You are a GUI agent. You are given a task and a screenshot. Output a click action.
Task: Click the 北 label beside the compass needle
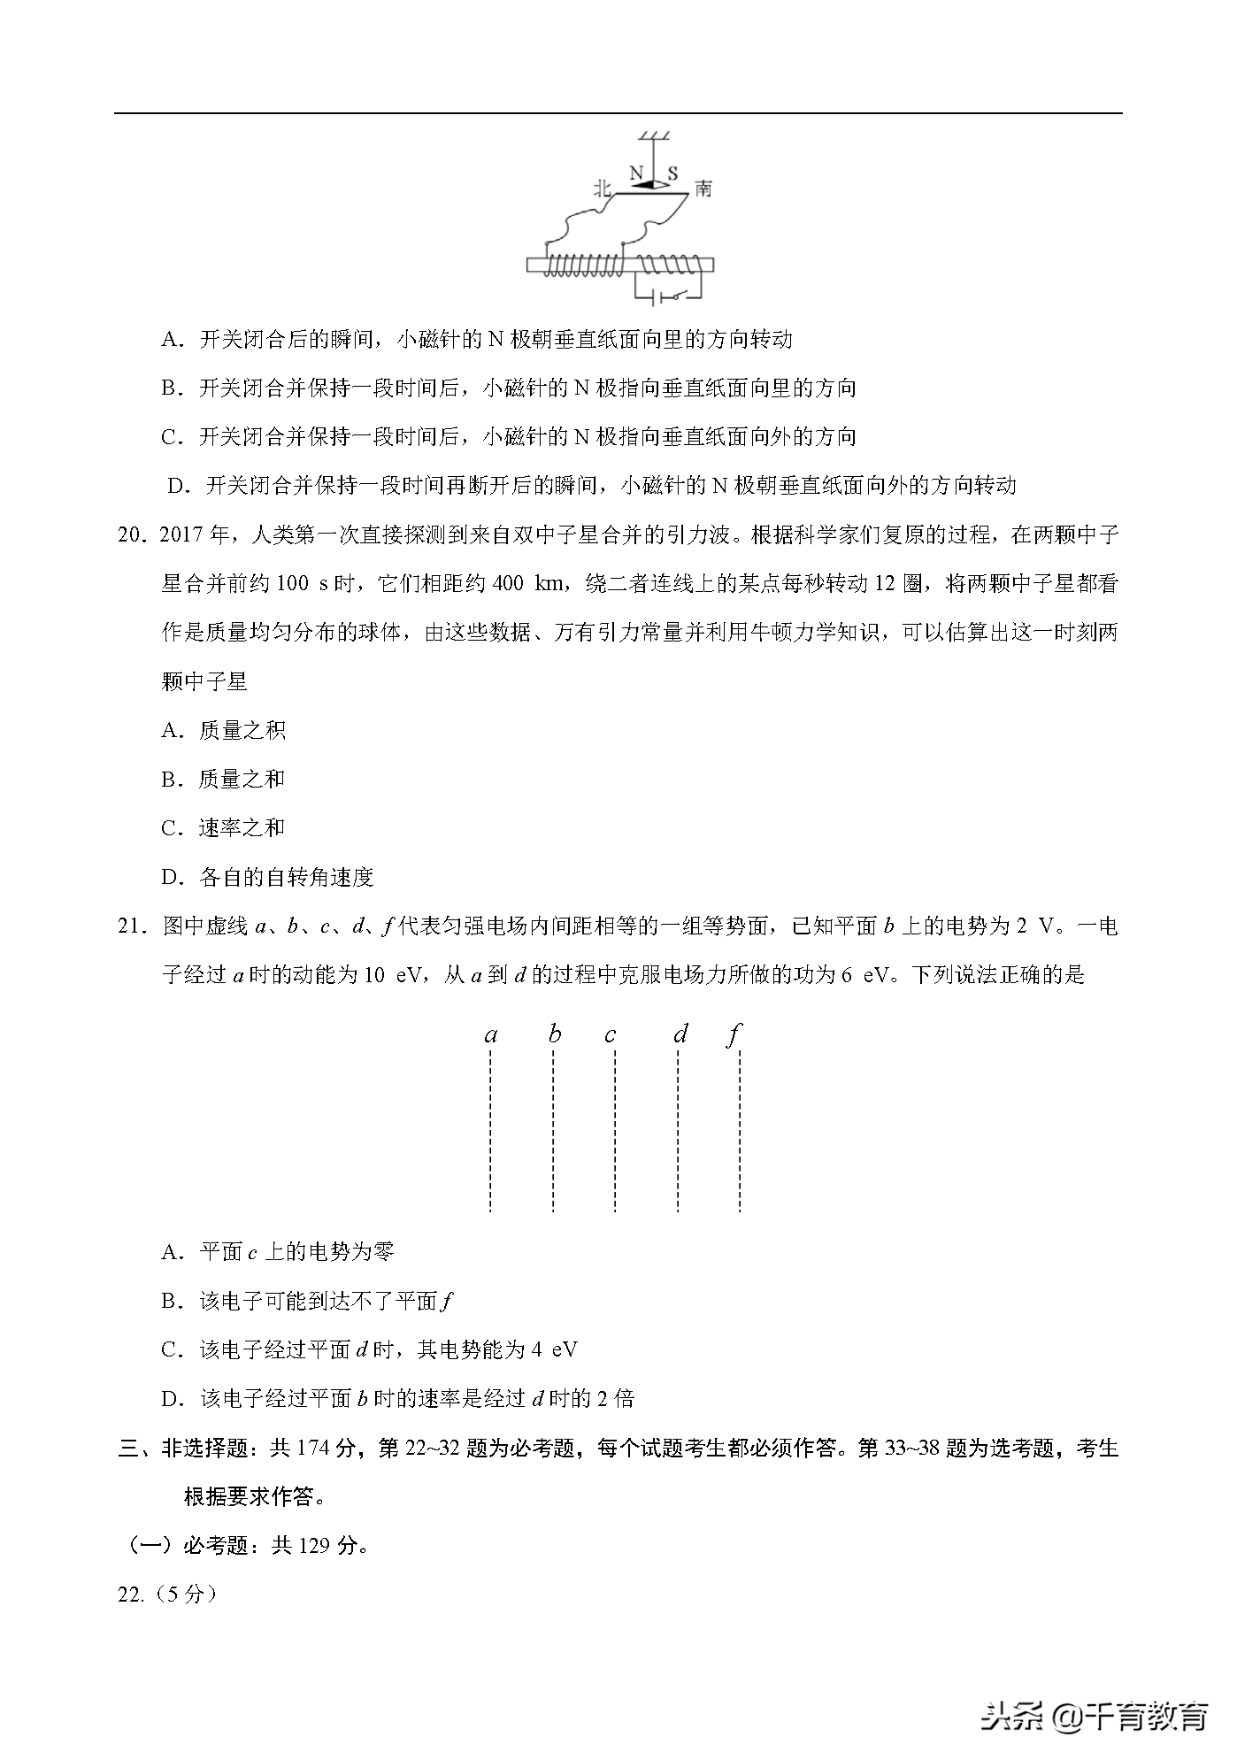tap(603, 188)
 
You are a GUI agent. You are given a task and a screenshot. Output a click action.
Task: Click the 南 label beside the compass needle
tap(703, 188)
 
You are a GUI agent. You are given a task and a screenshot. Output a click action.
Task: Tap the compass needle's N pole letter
tap(635, 172)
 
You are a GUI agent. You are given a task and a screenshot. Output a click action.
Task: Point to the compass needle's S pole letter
tap(672, 173)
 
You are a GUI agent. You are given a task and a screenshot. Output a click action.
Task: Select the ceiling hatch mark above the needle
tap(654, 135)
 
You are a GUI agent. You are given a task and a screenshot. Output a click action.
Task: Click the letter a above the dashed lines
tap(491, 1034)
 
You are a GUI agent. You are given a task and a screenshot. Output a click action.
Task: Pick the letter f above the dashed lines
tap(734, 1034)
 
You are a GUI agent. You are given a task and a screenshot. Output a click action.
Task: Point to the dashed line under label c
tap(615, 1133)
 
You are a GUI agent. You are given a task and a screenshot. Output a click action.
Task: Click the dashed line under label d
tap(678, 1133)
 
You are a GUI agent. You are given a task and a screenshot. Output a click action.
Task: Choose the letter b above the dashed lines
tap(555, 1034)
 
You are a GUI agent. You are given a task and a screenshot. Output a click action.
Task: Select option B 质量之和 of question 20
tap(241, 779)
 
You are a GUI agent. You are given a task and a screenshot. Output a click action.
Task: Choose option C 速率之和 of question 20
tap(241, 828)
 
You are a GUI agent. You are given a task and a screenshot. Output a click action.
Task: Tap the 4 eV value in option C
tap(555, 1349)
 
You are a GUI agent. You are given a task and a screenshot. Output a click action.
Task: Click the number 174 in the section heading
tap(314, 1448)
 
